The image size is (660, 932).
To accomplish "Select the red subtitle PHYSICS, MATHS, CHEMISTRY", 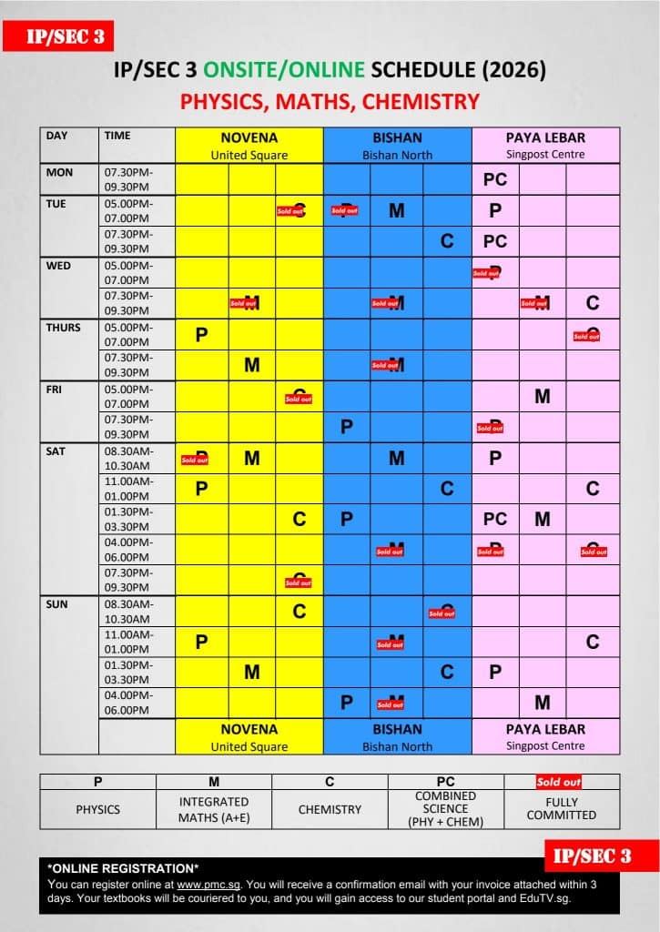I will point(330,101).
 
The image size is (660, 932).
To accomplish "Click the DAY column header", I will point(57,136).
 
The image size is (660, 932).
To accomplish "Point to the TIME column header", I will point(117,136).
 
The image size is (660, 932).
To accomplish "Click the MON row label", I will point(59,172).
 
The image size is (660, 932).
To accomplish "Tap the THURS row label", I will point(64,328).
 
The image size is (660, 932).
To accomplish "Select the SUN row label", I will point(57,604).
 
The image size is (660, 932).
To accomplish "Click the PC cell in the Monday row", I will point(495,179).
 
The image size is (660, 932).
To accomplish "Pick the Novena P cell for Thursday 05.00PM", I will point(202,334).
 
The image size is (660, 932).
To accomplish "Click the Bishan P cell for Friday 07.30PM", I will point(346,427).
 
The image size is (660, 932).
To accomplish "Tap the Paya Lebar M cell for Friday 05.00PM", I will point(543,396).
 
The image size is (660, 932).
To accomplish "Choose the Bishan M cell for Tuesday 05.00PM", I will point(397,210).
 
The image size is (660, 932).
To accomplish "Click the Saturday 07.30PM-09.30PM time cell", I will point(128,579).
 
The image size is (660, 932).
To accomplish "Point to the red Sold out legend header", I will point(559,782).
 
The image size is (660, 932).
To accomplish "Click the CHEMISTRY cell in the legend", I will point(330,809).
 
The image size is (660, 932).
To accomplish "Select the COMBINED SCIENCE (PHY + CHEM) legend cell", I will point(445,809).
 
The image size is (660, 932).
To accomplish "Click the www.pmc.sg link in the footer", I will point(201,885).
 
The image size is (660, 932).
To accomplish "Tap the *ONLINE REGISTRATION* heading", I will point(123,868).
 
